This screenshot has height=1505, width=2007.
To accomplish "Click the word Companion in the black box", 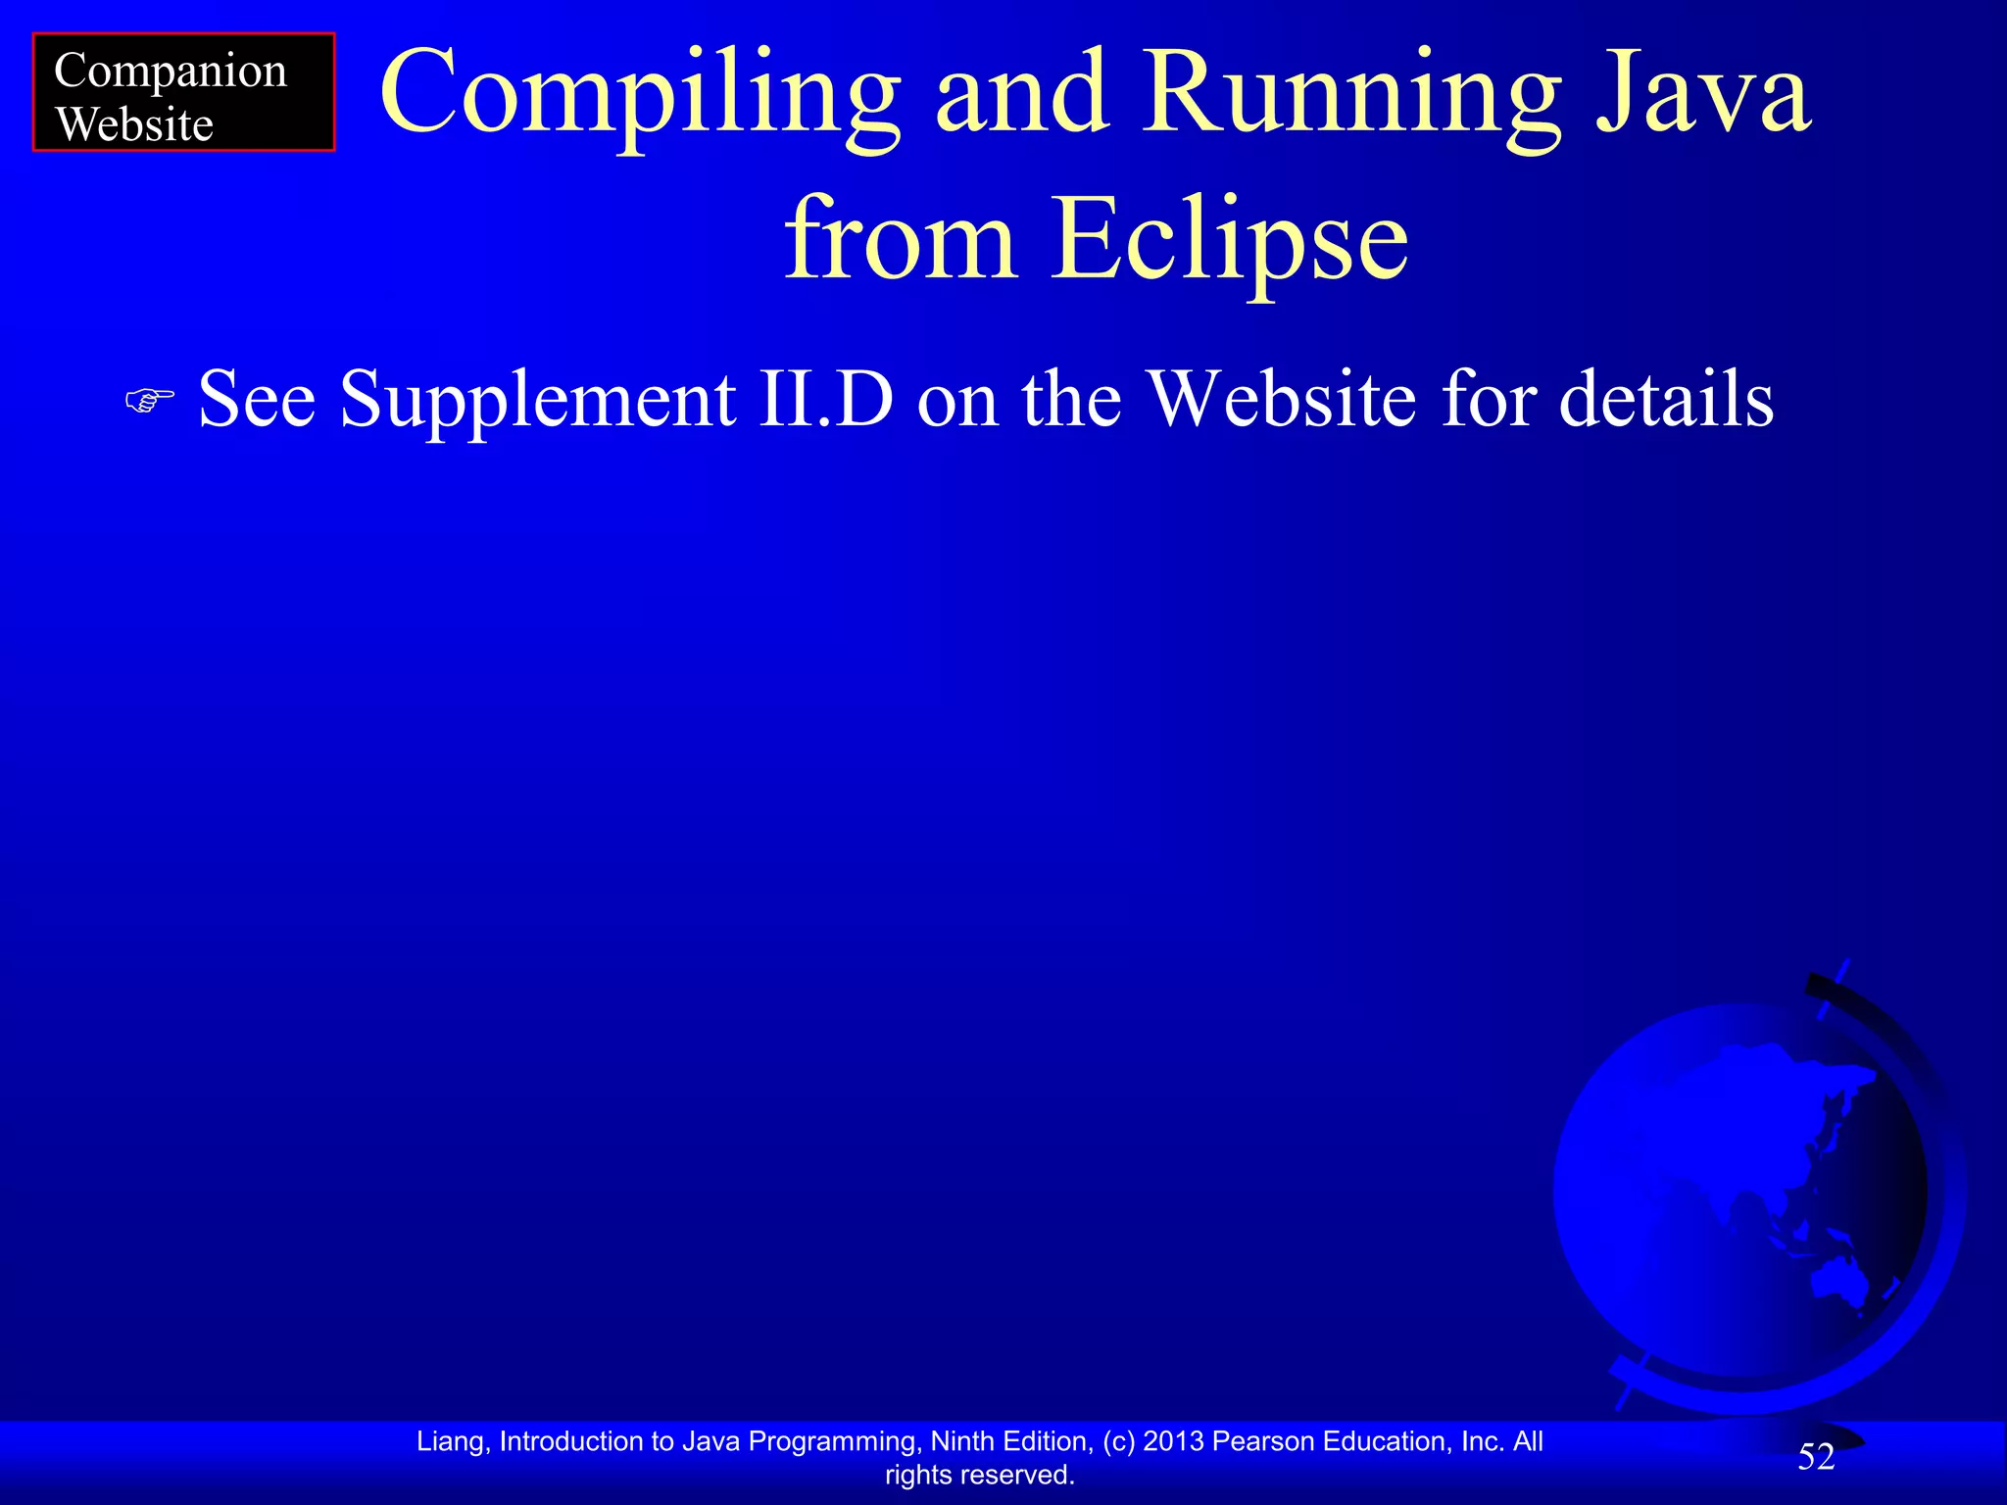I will [171, 73].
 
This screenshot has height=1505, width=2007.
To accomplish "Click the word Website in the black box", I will [134, 125].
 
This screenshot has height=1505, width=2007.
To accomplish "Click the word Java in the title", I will [1703, 93].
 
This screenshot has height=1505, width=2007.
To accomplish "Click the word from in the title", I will [899, 238].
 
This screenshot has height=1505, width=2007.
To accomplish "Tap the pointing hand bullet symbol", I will [150, 400].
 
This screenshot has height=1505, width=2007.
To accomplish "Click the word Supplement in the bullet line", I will [538, 400].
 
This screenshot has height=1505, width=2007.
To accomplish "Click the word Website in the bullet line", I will [1282, 400].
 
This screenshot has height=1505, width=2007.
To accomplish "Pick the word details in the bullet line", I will [1666, 400].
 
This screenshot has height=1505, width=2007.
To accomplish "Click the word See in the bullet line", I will [257, 400].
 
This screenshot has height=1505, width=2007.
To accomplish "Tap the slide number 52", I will [1816, 1457].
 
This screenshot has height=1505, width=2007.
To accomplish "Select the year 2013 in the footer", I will [1173, 1441].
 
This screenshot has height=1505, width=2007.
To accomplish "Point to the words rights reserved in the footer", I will [979, 1475].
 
